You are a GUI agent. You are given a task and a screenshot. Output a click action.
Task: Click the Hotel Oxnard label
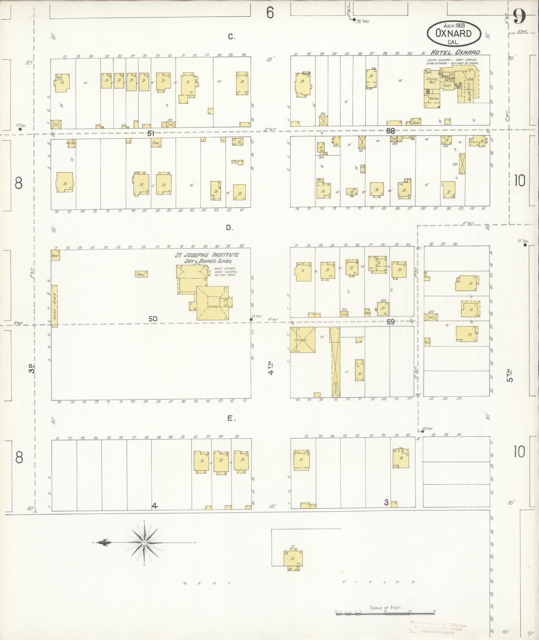pos(455,52)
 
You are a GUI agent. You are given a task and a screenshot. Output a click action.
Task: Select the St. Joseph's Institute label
pos(208,258)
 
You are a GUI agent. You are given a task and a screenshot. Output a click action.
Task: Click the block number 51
pos(151,133)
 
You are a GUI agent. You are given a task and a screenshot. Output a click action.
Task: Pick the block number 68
pos(390,131)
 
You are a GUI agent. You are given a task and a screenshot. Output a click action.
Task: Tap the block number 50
pos(153,319)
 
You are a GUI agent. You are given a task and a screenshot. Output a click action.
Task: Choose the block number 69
pos(391,322)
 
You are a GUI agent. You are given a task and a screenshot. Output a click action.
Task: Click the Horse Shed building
pos(54,306)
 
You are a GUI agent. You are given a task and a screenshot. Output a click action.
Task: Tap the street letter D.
pos(229,228)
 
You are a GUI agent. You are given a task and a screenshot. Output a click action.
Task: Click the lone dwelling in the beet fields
pos(292,559)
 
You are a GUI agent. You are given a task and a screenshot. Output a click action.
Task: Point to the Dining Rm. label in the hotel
pos(431,81)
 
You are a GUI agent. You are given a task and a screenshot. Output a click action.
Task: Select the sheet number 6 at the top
pos(270,13)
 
